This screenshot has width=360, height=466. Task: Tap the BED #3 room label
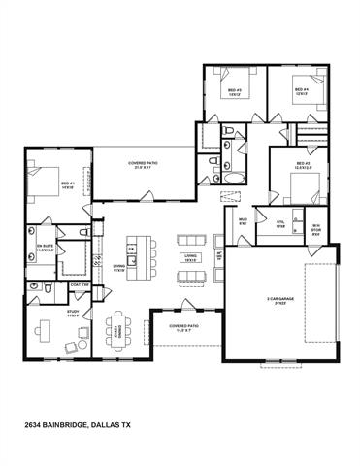coord(234,95)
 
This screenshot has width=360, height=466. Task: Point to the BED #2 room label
coord(302,166)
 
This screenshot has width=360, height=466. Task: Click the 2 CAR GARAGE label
coord(282,300)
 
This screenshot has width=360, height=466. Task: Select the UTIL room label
coord(280,223)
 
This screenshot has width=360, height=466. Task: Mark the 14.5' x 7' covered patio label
coord(183,328)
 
